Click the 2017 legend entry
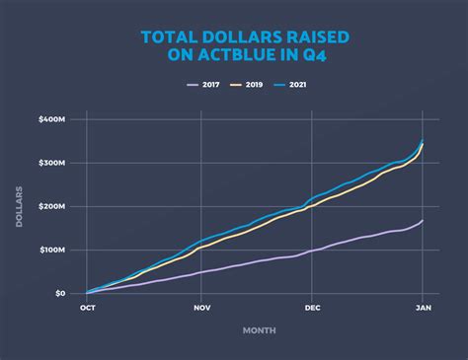coord(209,85)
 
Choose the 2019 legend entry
coord(253,85)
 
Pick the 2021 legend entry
coord(298,85)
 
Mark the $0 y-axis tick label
coord(60,293)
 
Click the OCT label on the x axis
coord(87,308)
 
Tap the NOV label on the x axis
coord(200,308)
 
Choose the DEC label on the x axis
coord(311,308)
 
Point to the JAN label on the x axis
coord(424,308)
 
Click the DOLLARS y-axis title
coord(20,206)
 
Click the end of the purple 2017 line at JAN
coord(424,220)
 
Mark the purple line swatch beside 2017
coord(191,85)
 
